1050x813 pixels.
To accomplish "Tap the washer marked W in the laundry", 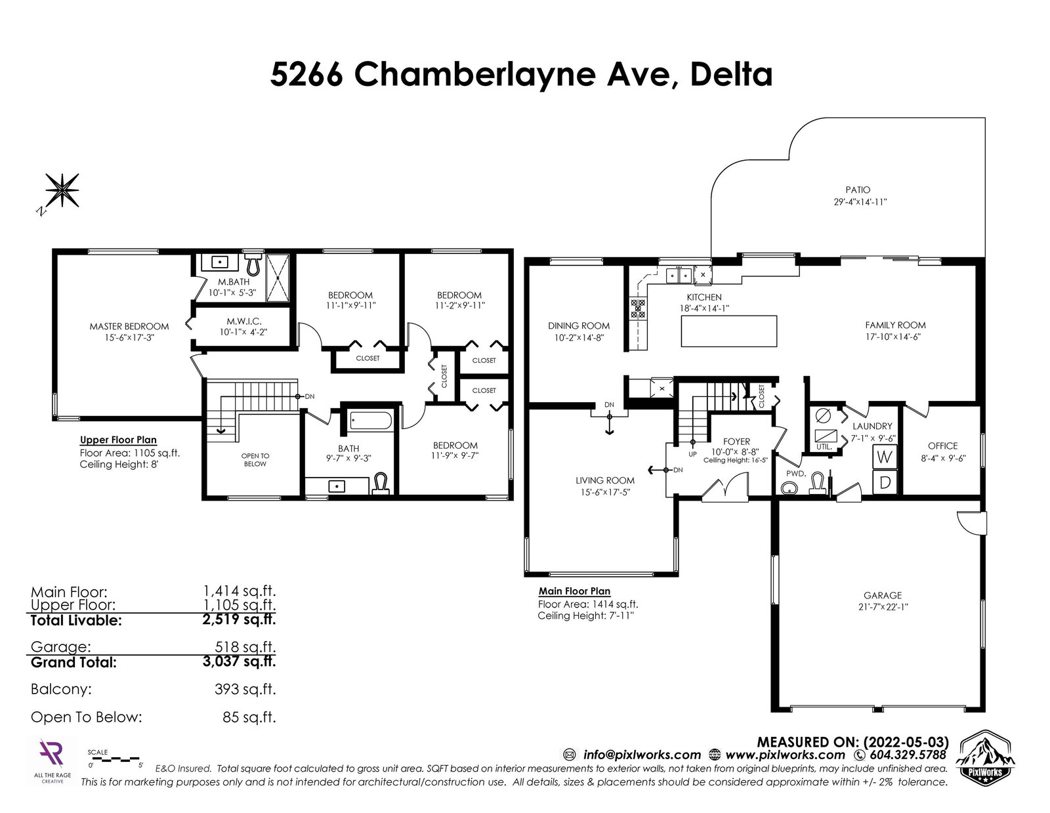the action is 884,457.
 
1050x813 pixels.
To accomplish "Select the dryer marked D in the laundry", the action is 884,482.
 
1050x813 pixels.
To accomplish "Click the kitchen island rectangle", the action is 728,331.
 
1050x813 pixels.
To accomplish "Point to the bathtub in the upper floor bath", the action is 371,420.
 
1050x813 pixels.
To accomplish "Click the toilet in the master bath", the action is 253,264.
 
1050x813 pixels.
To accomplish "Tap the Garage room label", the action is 883,595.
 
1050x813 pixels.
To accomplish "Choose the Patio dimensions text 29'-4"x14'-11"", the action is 860,202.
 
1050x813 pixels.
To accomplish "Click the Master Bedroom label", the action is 129,327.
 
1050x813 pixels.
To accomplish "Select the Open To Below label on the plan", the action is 255,459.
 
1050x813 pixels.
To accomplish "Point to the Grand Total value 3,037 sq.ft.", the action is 239,661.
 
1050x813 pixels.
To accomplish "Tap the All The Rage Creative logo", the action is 52,761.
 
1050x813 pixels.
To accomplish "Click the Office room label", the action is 942,446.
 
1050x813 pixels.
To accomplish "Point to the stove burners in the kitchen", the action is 637,309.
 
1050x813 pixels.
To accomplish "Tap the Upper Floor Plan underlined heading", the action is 118,440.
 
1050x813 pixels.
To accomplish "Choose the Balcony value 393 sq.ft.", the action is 245,689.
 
